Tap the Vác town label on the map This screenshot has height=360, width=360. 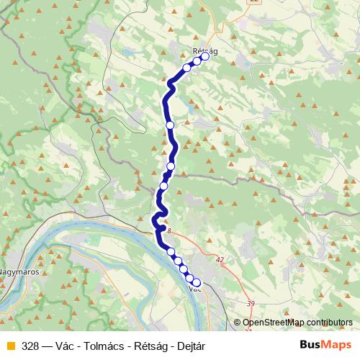click(x=194, y=289)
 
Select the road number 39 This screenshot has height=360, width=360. click(x=250, y=304)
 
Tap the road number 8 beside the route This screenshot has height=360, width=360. click(x=168, y=231)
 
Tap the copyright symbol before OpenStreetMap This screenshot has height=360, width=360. click(x=238, y=323)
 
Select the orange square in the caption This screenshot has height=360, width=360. click(x=10, y=346)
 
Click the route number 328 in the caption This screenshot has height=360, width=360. click(x=30, y=346)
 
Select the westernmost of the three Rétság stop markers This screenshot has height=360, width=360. click(x=186, y=68)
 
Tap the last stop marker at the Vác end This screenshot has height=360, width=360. click(x=196, y=283)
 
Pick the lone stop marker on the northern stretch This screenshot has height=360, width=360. click(x=170, y=125)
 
